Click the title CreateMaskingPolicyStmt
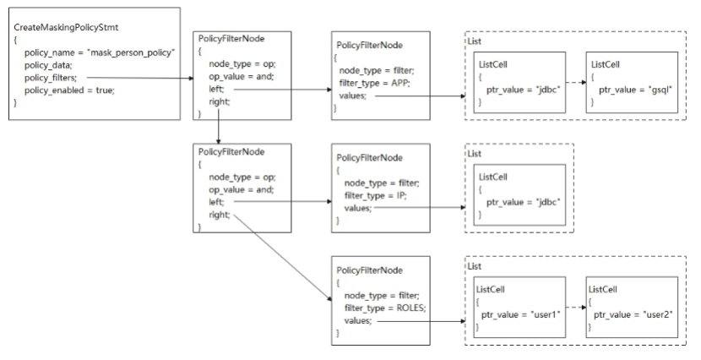point(66,27)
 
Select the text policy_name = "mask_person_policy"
point(100,52)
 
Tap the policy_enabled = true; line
point(69,90)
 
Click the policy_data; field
point(48,65)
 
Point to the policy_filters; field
point(51,78)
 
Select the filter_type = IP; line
point(376,196)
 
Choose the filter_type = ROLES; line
point(385,308)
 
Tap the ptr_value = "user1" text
point(521,315)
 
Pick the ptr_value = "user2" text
point(633,315)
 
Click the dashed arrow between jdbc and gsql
point(576,83)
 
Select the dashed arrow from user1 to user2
point(576,308)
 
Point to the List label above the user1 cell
point(475,266)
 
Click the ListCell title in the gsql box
point(606,64)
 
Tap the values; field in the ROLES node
point(357,320)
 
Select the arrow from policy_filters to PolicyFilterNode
point(140,78)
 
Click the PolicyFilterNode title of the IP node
point(369,158)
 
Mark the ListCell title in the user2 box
point(603,290)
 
